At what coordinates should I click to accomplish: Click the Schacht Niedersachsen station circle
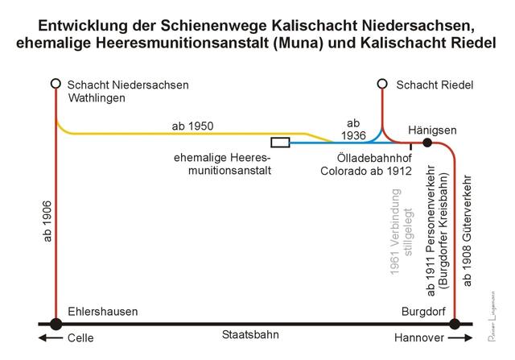(56, 83)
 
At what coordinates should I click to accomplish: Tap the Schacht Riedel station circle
(383, 83)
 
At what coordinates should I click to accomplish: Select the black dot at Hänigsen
(428, 143)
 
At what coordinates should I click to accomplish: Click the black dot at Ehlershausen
(56, 324)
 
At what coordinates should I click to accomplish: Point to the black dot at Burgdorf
(455, 324)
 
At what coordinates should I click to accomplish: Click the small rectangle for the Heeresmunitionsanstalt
(281, 143)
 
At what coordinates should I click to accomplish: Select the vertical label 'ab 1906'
(47, 222)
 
